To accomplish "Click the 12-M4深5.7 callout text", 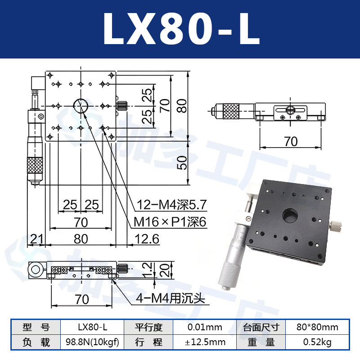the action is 171,205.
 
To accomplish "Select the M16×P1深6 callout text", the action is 170,222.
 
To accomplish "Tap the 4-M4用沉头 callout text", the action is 170,298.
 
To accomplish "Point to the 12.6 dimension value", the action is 147,239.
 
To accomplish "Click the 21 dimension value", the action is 36,239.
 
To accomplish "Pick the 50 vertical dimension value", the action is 182,162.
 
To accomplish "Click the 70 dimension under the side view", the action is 291,141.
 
